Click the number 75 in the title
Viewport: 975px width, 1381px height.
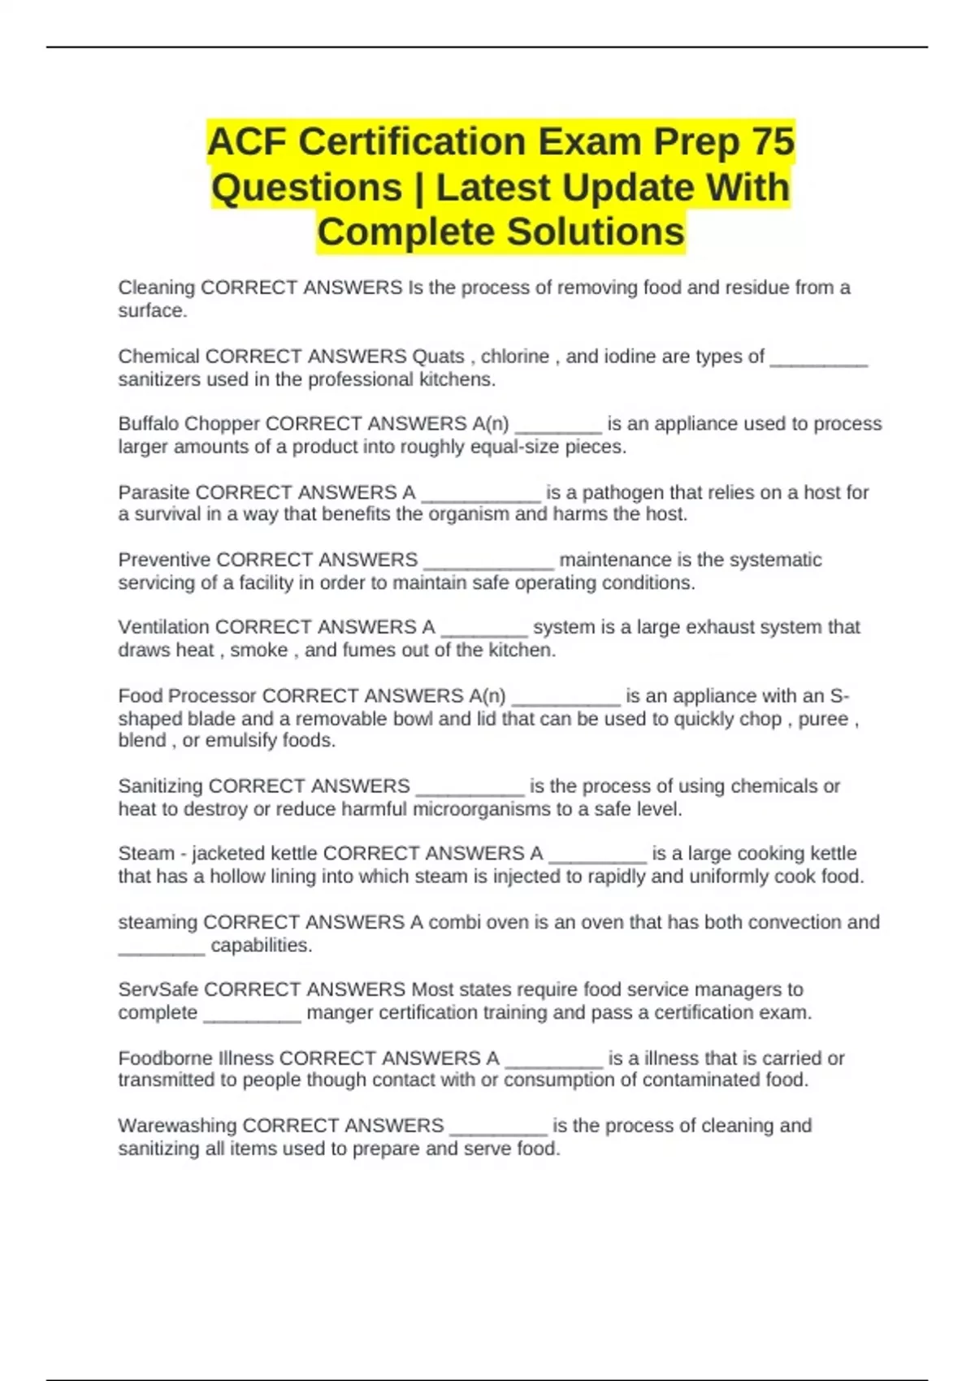pyautogui.click(x=773, y=142)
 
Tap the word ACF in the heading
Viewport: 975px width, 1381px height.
pyautogui.click(x=247, y=142)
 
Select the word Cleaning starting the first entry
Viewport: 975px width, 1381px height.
pyautogui.click(x=156, y=288)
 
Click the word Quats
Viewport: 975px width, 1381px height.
pyautogui.click(x=438, y=357)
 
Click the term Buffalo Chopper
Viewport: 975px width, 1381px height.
pyautogui.click(x=188, y=424)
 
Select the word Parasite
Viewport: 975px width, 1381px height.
pyautogui.click(x=154, y=492)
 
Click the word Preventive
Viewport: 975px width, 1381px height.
pyautogui.click(x=164, y=560)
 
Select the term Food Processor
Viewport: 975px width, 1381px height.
pyautogui.click(x=187, y=696)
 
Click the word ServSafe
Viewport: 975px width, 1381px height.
pyautogui.click(x=158, y=989)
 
